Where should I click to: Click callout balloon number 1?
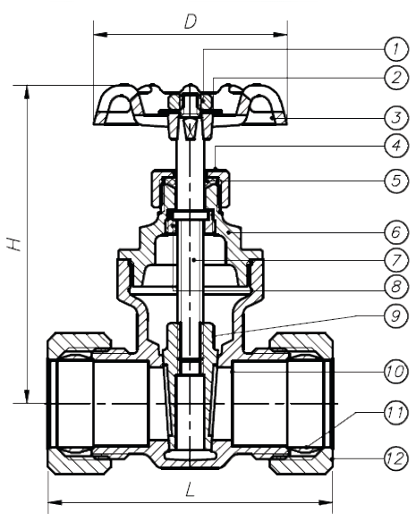click(395, 49)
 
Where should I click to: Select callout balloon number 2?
click(395, 78)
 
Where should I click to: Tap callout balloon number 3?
click(395, 118)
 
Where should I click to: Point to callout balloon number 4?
click(395, 146)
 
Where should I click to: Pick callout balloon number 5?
click(395, 181)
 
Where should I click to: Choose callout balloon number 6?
click(395, 232)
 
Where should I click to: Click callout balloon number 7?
click(395, 260)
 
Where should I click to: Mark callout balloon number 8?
click(395, 287)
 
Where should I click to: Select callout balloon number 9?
click(395, 315)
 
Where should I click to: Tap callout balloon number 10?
click(395, 371)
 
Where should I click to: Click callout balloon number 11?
click(395, 413)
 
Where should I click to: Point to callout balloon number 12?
click(395, 458)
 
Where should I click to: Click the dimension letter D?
click(191, 22)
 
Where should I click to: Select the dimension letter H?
click(14, 244)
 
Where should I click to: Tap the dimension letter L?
click(190, 490)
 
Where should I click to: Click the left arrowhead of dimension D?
click(100, 34)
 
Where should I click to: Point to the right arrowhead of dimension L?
click(326, 501)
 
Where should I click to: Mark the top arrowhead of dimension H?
click(26, 93)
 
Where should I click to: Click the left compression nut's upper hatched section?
click(78, 340)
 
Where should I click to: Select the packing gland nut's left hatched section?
click(157, 188)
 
